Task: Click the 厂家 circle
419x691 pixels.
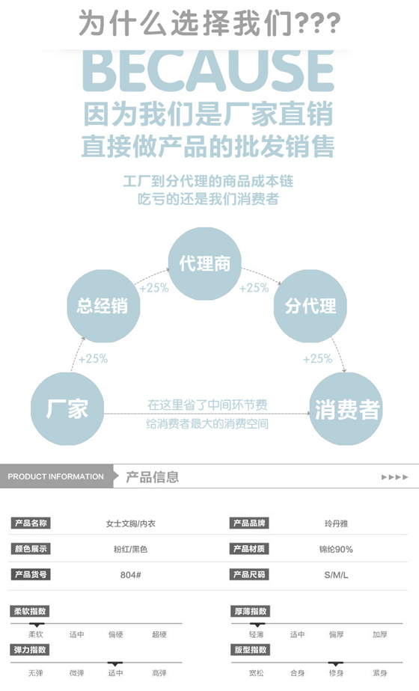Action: coord(67,408)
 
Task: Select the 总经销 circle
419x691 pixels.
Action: coord(103,306)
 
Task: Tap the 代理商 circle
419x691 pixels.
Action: coord(205,263)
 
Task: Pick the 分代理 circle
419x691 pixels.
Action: coord(310,306)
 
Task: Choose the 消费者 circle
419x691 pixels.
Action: coord(346,408)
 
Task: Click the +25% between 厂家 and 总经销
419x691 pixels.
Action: coord(93,359)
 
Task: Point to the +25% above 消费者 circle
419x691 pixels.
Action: coord(317,359)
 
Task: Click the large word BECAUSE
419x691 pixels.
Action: coord(208,70)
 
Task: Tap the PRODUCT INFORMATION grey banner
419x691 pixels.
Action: coord(56,476)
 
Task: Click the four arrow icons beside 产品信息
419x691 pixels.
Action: coord(394,477)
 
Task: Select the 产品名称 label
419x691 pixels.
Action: coord(31,523)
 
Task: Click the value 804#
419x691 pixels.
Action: coord(130,574)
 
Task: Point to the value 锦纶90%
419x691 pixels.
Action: coord(336,549)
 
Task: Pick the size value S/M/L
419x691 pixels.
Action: coord(336,574)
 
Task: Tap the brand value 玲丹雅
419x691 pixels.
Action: coord(336,523)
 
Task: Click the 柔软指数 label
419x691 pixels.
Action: coord(30,611)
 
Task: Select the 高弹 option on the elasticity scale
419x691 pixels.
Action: coord(159,673)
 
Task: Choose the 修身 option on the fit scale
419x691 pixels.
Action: coord(336,673)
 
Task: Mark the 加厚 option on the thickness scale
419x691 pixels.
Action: coord(380,635)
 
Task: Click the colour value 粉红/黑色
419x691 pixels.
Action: coord(130,549)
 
